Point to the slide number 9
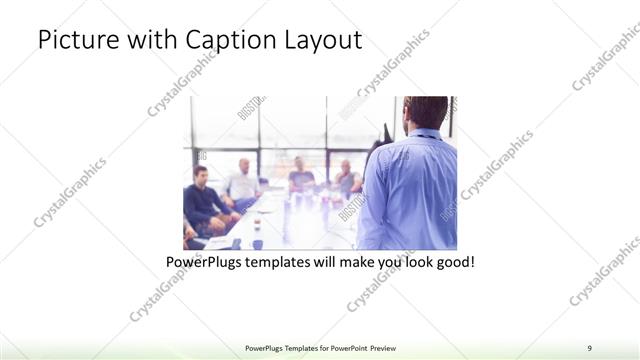tap(590, 347)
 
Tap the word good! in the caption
tap(454, 263)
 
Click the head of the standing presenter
tap(427, 112)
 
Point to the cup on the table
tap(257, 243)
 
